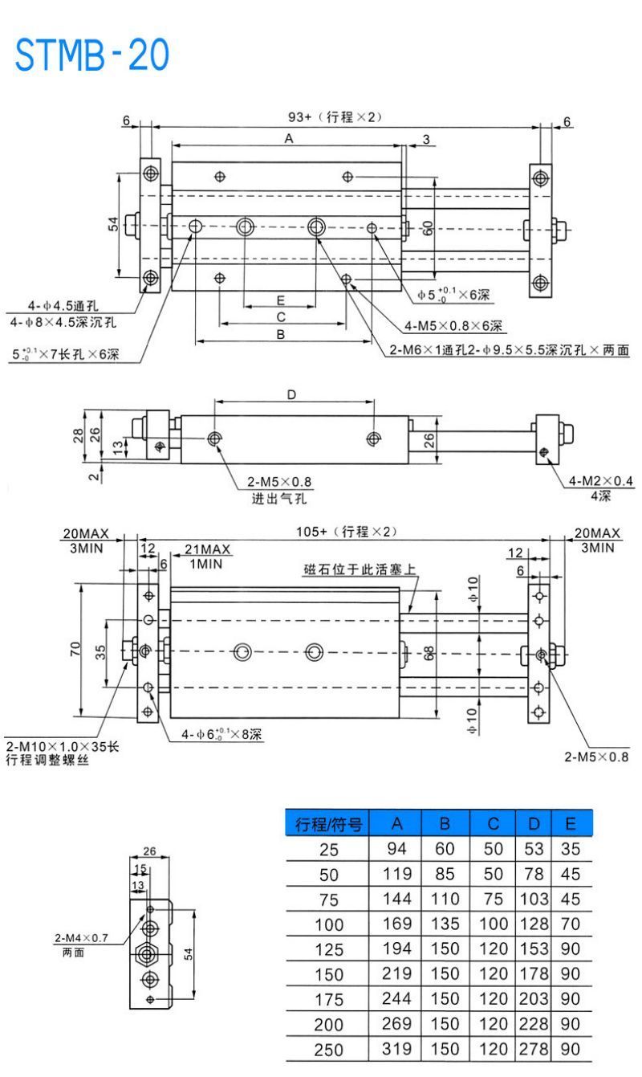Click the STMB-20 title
pyautogui.click(x=92, y=55)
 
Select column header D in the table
pyautogui.click(x=534, y=824)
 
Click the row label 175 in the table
pyautogui.click(x=329, y=1001)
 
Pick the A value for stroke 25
pyautogui.click(x=396, y=850)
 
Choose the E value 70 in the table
pyautogui.click(x=571, y=925)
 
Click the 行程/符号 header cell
pyautogui.click(x=329, y=824)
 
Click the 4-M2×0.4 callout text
pyautogui.click(x=601, y=481)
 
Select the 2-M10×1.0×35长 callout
pyautogui.click(x=62, y=747)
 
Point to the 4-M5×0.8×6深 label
pyautogui.click(x=453, y=326)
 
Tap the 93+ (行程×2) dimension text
pyautogui.click(x=335, y=117)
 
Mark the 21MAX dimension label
pyautogui.click(x=208, y=549)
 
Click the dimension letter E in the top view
pyautogui.click(x=280, y=300)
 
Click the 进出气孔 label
pyautogui.click(x=279, y=498)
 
